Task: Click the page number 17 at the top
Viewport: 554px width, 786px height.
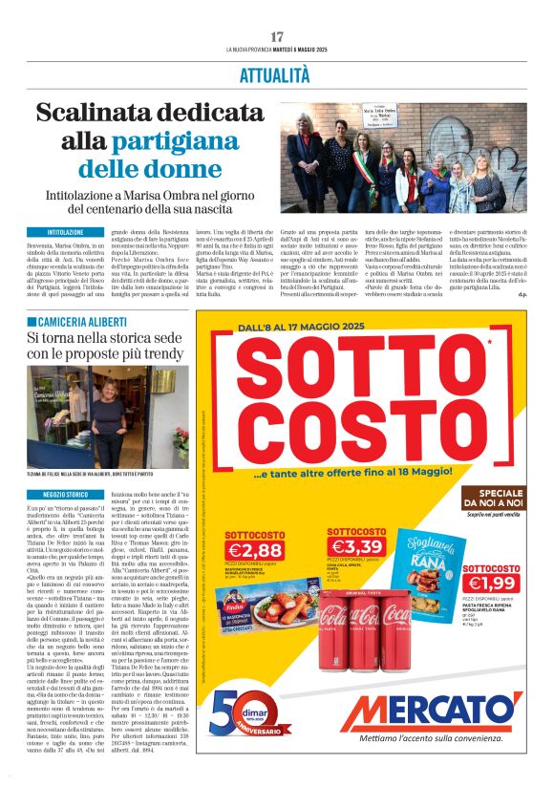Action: click(277, 36)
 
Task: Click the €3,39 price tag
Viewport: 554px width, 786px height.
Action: click(355, 546)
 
